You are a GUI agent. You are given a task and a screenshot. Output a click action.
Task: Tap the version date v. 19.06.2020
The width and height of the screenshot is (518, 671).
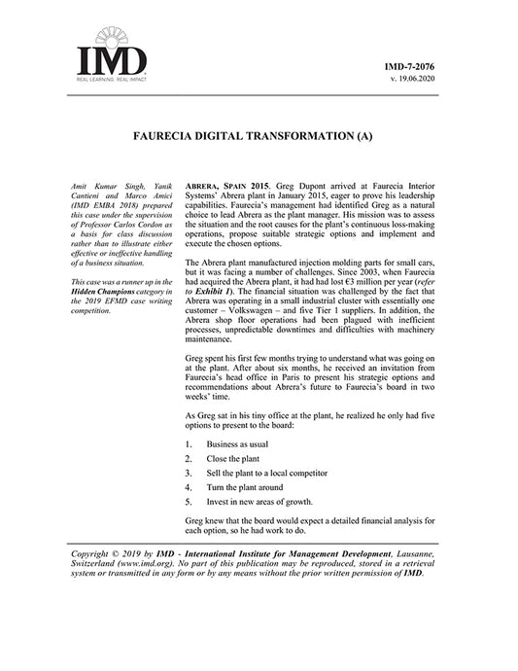413,79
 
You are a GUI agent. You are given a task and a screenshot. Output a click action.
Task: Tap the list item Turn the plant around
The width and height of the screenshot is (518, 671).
243,487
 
